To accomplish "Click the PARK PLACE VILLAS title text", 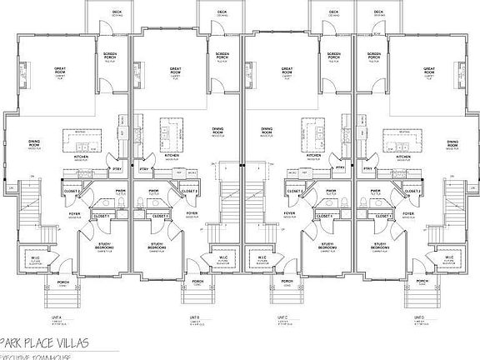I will (x=46, y=342).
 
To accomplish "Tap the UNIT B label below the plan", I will (x=193, y=317).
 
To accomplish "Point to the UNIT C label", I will (x=283, y=317).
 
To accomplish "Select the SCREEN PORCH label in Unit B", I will (x=222, y=57).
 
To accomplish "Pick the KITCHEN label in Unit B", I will (x=172, y=156).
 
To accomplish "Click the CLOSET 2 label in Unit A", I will (x=72, y=191).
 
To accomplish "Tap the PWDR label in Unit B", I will (x=154, y=191).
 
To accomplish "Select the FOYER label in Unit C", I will (x=289, y=213).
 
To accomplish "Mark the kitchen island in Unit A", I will (x=82, y=134).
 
